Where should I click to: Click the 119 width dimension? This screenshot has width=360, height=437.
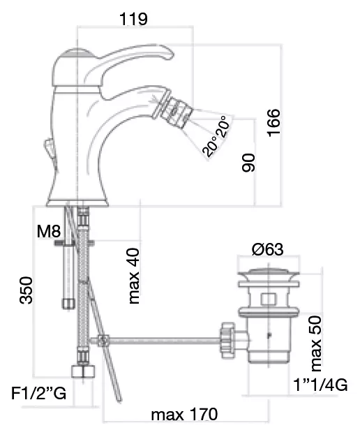[133, 20]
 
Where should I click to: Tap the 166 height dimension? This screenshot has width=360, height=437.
[273, 123]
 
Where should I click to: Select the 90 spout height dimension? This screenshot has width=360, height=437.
[248, 163]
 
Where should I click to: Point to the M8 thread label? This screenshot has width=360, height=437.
[49, 231]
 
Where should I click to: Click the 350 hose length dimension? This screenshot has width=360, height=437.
[27, 290]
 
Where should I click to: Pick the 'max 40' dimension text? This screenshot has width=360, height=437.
[134, 276]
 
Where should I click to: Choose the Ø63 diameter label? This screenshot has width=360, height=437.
[267, 249]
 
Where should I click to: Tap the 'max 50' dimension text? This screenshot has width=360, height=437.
[316, 343]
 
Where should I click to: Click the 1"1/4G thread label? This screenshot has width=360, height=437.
[320, 385]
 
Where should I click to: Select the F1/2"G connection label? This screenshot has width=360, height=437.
[39, 393]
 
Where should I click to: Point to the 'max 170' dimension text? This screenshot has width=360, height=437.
[184, 414]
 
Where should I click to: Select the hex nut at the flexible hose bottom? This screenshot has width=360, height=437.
[83, 371]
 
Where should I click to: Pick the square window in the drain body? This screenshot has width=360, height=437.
[269, 299]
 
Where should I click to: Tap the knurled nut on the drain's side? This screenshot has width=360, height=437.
[227, 340]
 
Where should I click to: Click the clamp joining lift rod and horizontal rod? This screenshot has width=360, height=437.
[103, 340]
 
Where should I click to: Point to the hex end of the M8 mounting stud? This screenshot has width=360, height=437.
[68, 304]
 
